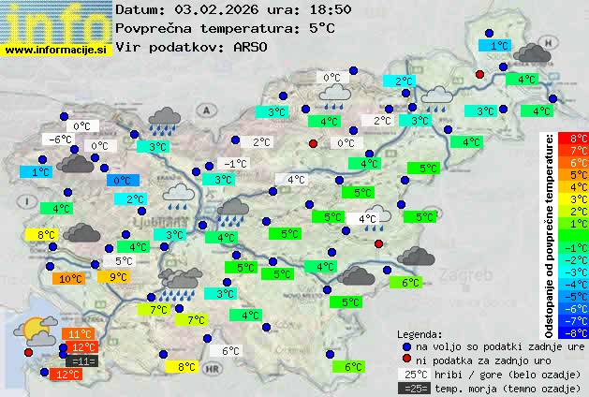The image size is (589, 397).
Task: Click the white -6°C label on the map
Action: click(62, 140)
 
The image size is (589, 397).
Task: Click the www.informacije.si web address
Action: click(56, 49)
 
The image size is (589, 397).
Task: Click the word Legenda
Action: click(420, 333)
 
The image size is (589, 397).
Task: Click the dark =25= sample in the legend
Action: click(413, 388)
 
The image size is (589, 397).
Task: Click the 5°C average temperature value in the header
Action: click(321, 28)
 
